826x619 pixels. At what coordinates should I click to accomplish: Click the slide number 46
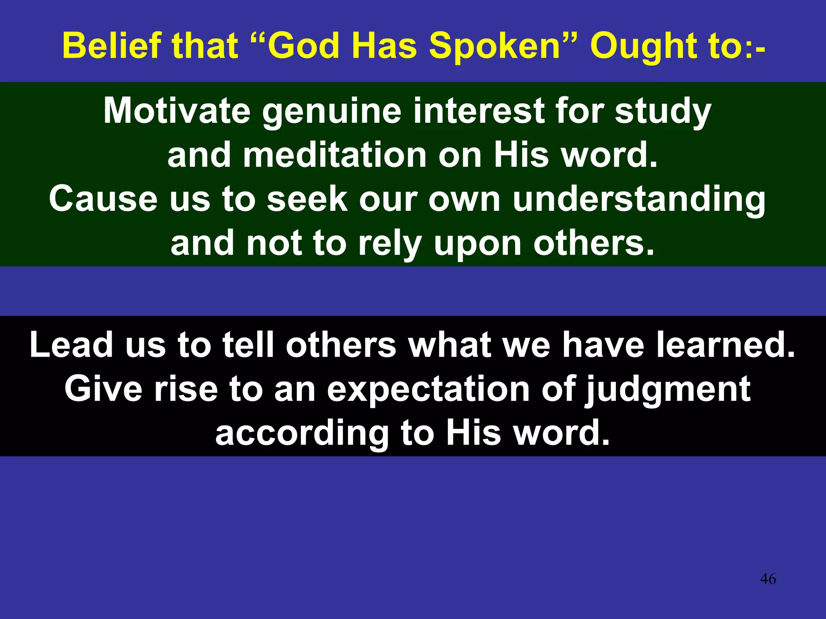(x=768, y=579)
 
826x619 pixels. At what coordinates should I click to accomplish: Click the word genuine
(x=332, y=111)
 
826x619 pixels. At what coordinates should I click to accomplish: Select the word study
(x=663, y=111)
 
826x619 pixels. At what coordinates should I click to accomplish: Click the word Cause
(x=103, y=199)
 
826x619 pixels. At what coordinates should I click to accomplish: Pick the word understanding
(x=639, y=199)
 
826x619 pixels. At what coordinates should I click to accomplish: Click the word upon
(x=478, y=244)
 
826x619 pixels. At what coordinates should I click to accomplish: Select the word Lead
(x=71, y=345)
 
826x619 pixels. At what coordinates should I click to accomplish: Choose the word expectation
(x=428, y=390)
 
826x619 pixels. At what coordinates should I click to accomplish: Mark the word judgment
(x=668, y=390)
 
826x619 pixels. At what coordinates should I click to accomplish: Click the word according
(x=302, y=434)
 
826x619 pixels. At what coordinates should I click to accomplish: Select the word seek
(x=307, y=199)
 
